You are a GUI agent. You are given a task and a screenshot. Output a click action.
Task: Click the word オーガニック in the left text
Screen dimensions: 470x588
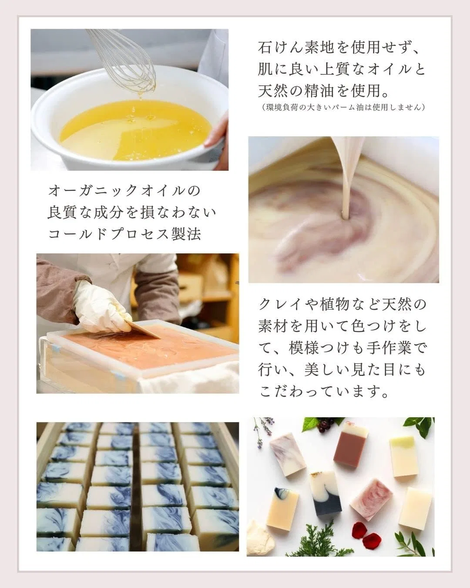(x=94, y=190)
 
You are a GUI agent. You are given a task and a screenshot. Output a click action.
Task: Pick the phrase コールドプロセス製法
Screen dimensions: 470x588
(x=125, y=234)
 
